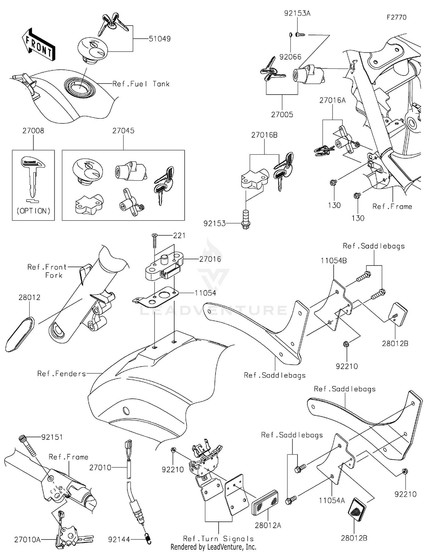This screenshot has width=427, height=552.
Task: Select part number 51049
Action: (160, 39)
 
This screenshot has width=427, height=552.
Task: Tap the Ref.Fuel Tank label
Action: (141, 84)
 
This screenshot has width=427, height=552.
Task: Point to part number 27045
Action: (123, 131)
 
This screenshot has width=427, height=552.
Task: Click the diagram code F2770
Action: (397, 17)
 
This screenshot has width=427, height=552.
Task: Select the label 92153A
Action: (297, 13)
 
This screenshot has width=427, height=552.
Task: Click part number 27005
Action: (282, 115)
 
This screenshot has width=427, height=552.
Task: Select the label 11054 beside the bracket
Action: (205, 293)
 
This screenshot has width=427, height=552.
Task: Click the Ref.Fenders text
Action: (61, 373)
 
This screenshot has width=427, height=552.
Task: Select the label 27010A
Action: (27, 539)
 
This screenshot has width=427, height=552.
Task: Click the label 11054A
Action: (332, 500)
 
